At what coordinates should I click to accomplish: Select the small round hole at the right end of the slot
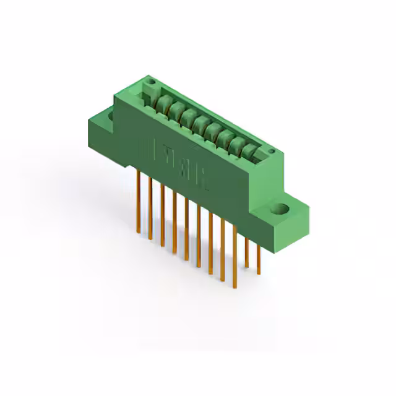(270, 152)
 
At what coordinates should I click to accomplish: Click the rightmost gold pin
(259, 257)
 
